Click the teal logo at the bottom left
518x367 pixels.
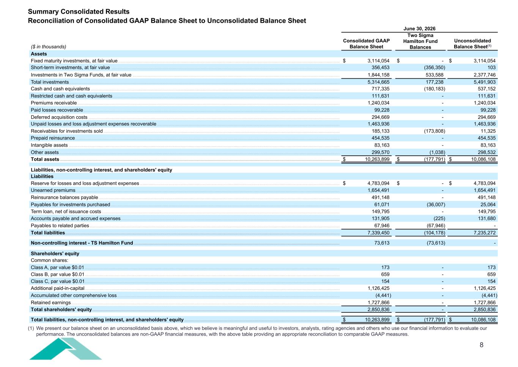coord(65,349)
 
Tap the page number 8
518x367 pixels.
coord(482,345)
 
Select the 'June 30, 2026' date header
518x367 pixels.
coord(419,29)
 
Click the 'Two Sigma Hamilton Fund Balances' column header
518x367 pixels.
coord(420,41)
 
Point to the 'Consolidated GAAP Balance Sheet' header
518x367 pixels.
coord(366,44)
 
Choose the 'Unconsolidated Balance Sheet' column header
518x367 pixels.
coord(472,44)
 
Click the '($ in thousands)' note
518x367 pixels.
coord(48,47)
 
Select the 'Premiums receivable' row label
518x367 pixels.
coord(54,103)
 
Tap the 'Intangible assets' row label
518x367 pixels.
coord(49,145)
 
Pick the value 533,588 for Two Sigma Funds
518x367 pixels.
coord(435,75)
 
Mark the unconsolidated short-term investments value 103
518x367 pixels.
coord(491,68)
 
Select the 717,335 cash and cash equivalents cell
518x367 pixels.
coord(380,89)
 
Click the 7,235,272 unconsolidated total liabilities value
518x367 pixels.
coord(485,233)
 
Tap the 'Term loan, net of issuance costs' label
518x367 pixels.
coord(66,212)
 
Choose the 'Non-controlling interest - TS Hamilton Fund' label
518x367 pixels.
coord(82,243)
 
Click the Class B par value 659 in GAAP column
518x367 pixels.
coord(385,274)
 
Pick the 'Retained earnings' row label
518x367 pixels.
coord(50,303)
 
